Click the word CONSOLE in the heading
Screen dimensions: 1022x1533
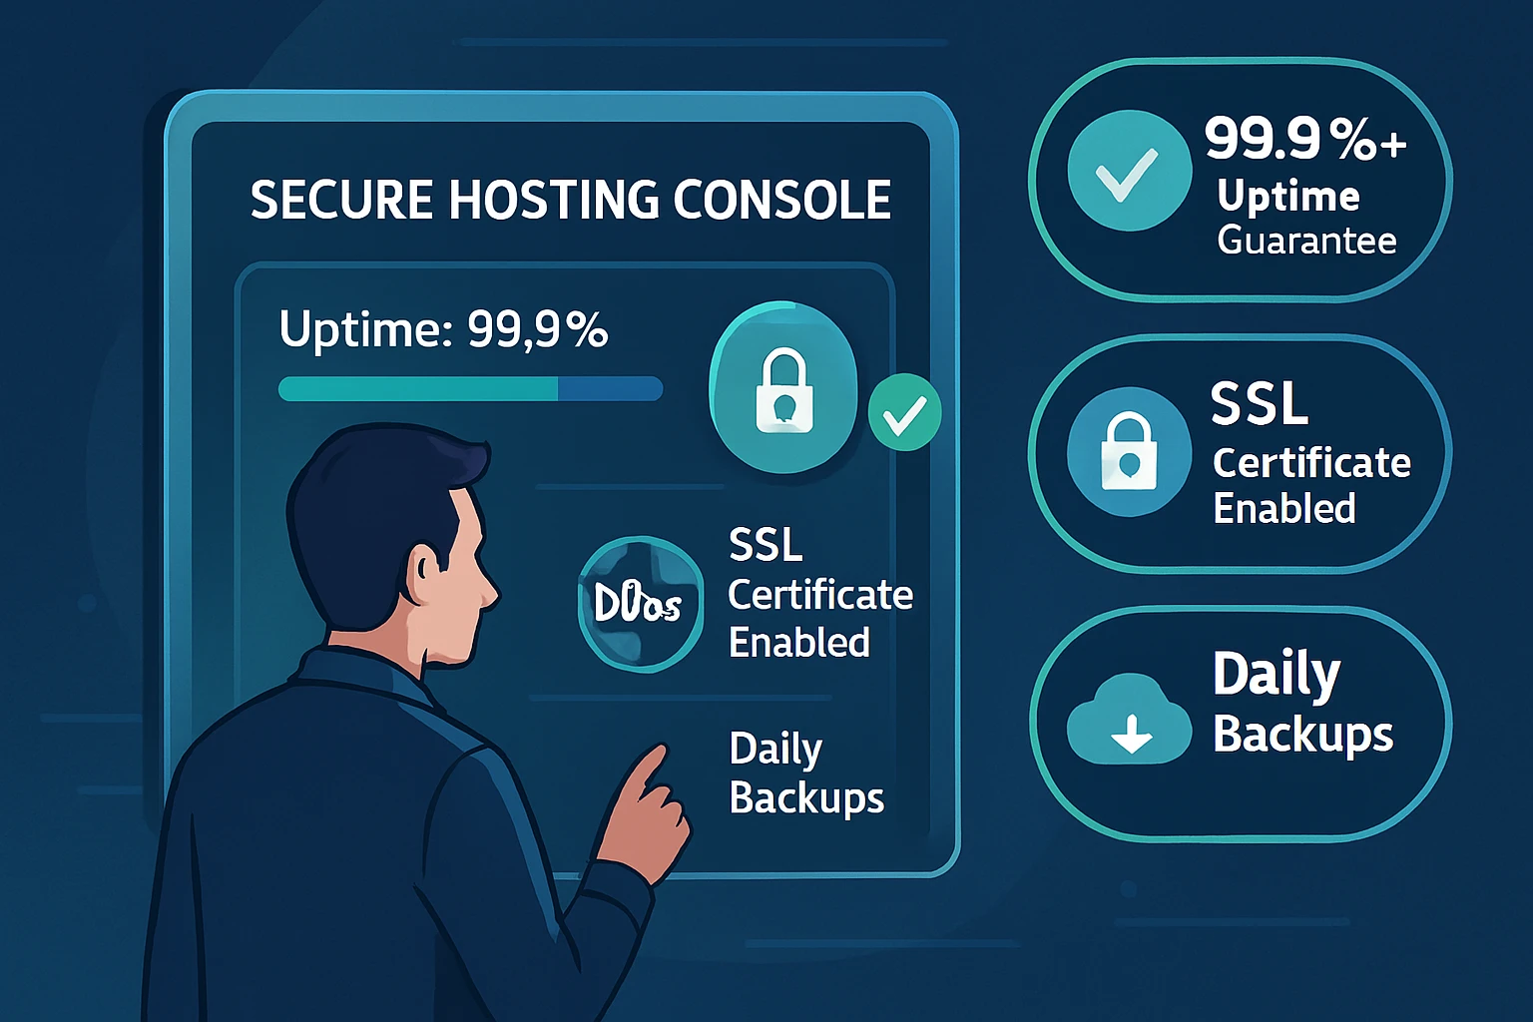tap(781, 200)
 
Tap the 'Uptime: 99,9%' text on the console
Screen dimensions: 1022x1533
tap(443, 328)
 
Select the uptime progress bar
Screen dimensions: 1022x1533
tap(470, 388)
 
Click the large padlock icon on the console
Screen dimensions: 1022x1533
tap(783, 389)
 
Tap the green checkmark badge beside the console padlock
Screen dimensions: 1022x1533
tap(904, 413)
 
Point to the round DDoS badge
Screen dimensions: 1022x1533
tap(640, 603)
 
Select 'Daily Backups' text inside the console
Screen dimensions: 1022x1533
tap(805, 773)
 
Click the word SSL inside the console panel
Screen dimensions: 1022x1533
tap(766, 545)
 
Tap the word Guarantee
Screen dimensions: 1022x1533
tap(1306, 241)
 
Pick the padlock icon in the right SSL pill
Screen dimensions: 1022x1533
tap(1129, 452)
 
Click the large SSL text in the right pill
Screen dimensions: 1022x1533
tap(1259, 403)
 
